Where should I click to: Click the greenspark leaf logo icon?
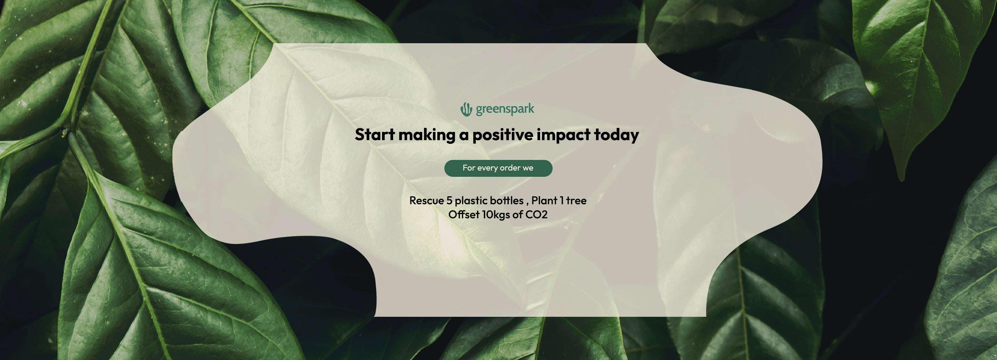pyautogui.click(x=466, y=110)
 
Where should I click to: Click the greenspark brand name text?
pyautogui.click(x=505, y=109)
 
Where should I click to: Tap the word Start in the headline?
pyautogui.click(x=375, y=135)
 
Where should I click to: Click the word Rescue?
pyautogui.click(x=427, y=200)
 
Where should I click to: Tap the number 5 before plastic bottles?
pyautogui.click(x=449, y=200)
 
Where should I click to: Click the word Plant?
pyautogui.click(x=544, y=200)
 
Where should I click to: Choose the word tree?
pyautogui.click(x=576, y=201)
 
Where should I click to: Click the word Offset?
pyautogui.click(x=464, y=215)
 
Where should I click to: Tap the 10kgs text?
pyautogui.click(x=496, y=215)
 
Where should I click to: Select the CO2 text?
pyautogui.click(x=536, y=215)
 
